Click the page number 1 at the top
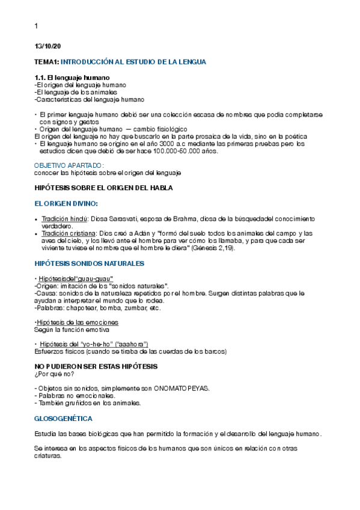click(37, 26)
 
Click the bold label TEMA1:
click(47, 61)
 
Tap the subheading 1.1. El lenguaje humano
click(72, 78)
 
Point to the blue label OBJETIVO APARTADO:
click(69, 165)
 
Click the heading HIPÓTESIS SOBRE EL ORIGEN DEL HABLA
click(104, 188)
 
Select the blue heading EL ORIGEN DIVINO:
click(66, 203)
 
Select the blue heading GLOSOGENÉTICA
click(63, 418)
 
